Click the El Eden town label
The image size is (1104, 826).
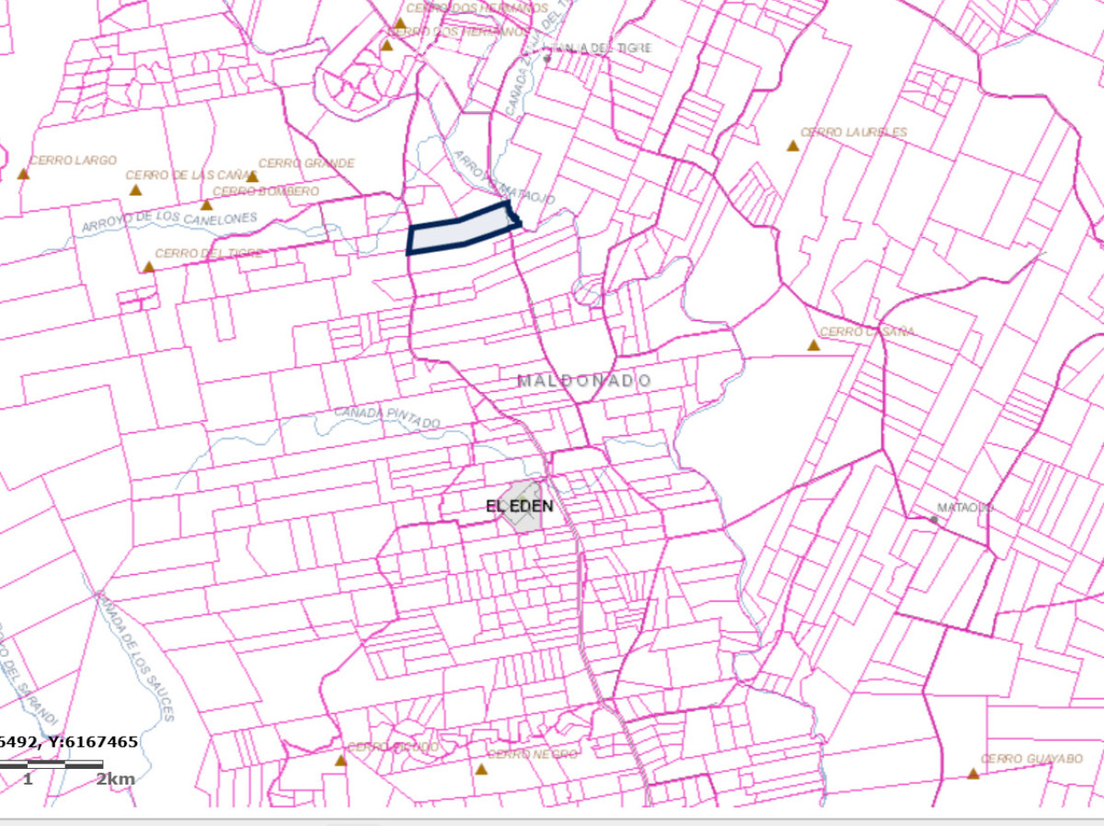(x=519, y=506)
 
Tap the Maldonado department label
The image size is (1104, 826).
(x=584, y=381)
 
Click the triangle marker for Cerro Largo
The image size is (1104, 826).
(x=24, y=174)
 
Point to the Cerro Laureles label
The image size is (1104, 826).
(x=854, y=132)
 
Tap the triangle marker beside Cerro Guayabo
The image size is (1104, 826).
(x=972, y=774)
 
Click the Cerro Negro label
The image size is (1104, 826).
(x=533, y=754)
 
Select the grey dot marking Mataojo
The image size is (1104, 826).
(x=934, y=520)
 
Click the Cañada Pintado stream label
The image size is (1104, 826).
(x=386, y=417)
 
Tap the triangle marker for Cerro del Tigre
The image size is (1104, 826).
(x=149, y=267)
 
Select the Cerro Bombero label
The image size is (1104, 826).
(x=266, y=191)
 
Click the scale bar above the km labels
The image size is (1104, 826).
(x=51, y=764)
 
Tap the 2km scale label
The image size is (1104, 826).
(x=116, y=780)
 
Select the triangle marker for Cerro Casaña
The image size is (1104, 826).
(x=813, y=345)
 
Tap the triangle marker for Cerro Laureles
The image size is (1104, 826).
(x=792, y=145)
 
